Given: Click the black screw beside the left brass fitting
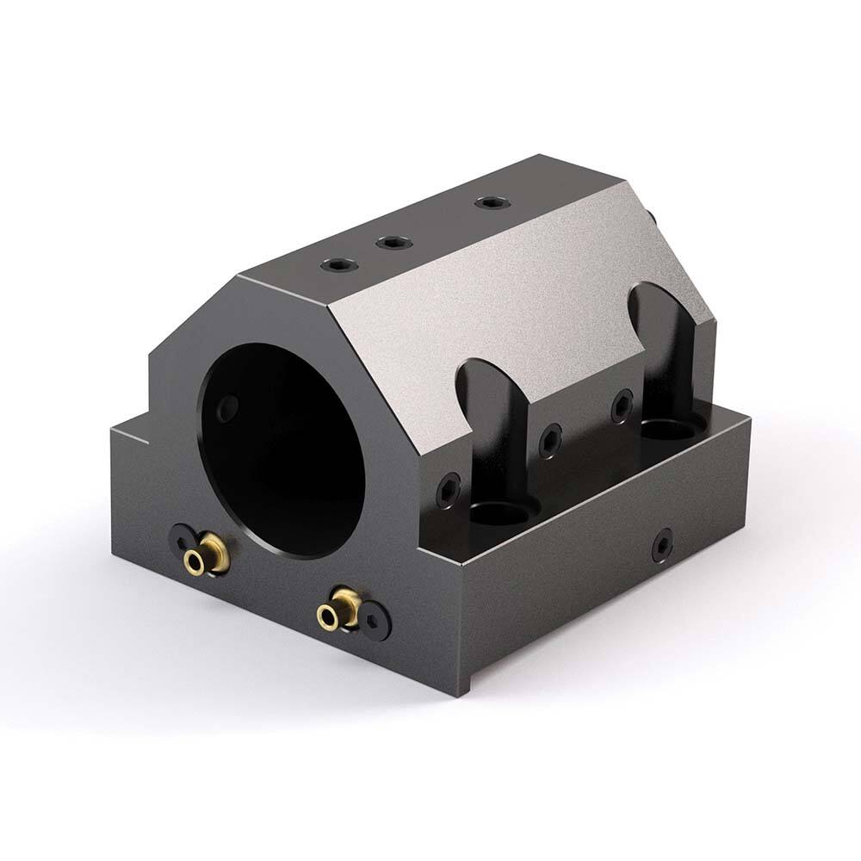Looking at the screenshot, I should coord(181,540).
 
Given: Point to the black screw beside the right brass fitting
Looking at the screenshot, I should coord(375,620).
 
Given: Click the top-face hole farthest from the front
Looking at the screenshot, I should coord(491,203).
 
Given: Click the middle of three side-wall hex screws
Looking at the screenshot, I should coord(549,441).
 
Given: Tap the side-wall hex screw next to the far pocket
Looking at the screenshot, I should coord(622,406).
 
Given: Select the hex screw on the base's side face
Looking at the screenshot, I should coord(661,544).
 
